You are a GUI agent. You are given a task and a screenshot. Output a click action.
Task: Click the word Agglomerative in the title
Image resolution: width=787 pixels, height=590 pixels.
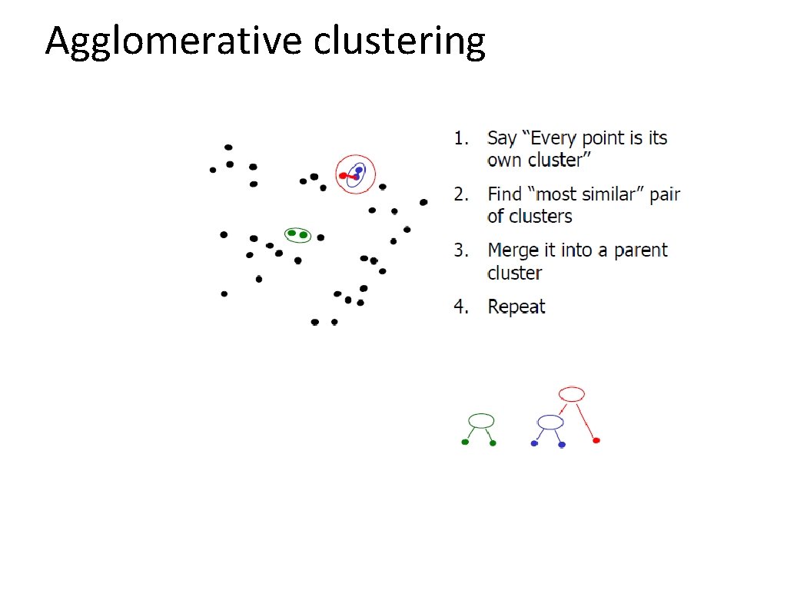[x=174, y=42]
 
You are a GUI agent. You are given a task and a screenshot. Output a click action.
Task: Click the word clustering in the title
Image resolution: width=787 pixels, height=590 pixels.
[x=399, y=42]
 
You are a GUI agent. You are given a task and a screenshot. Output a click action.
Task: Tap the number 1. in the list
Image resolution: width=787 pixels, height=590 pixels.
[x=461, y=138]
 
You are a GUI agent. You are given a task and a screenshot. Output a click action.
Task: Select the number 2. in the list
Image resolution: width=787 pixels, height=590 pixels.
[x=461, y=194]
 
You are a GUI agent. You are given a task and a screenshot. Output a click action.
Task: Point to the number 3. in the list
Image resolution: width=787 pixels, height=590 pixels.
[x=461, y=250]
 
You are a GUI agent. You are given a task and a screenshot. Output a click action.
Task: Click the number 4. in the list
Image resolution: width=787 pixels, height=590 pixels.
[x=461, y=307]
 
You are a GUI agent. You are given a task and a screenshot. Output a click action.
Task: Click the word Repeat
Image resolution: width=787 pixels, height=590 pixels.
[x=516, y=307]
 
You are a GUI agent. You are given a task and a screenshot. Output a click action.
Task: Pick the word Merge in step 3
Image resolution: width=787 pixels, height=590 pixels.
[x=511, y=250]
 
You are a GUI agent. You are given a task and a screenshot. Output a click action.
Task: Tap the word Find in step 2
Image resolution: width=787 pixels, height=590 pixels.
[x=504, y=194]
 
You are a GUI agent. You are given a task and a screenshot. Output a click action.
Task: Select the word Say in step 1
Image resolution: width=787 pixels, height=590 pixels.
[x=502, y=139]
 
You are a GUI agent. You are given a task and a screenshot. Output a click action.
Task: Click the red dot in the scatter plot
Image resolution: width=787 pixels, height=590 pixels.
[x=343, y=176]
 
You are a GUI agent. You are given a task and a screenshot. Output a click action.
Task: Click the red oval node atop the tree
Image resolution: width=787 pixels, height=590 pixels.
[x=572, y=394]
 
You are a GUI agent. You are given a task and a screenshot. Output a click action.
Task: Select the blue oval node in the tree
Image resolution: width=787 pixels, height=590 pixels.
[x=550, y=422]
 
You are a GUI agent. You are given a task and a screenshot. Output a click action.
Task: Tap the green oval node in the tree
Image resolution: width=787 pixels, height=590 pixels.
[x=481, y=420]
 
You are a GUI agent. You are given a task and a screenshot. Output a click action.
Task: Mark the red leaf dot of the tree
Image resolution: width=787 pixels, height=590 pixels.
[x=596, y=440]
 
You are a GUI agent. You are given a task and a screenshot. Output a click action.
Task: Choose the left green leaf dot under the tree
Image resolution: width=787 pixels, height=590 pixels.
[x=465, y=442]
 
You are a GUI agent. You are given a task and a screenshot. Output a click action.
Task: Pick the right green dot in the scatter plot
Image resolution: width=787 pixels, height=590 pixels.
[x=304, y=234]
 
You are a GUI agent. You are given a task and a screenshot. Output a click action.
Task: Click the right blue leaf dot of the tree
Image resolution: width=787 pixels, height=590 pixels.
[x=562, y=445]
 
